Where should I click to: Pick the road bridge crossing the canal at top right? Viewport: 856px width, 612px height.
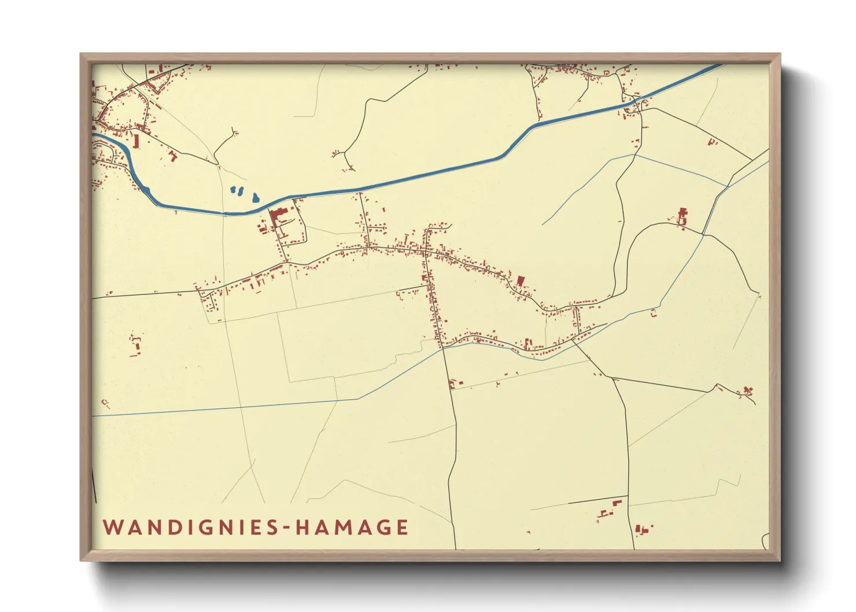636,104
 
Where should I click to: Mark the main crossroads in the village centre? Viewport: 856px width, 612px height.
426,252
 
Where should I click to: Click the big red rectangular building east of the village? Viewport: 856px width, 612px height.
520,281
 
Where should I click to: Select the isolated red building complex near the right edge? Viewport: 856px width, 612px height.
682,217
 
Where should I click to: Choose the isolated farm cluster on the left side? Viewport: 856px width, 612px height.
136,345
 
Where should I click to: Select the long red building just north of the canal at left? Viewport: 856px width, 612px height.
136,141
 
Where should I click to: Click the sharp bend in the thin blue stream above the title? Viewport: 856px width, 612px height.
358,399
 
